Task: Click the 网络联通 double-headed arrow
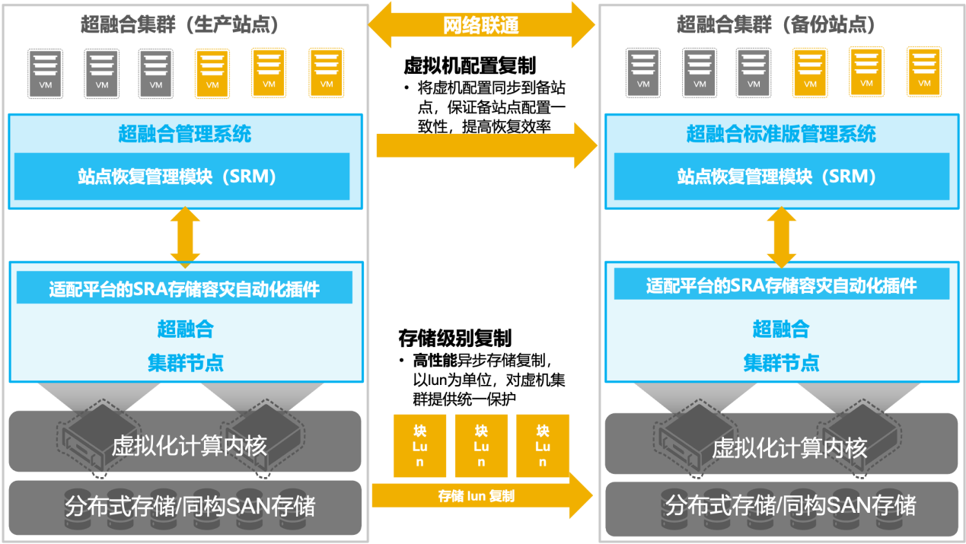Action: coord(481,25)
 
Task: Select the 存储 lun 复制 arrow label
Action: coord(477,496)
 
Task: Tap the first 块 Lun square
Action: coord(420,446)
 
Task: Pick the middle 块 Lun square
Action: coord(481,446)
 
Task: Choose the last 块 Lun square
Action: coord(542,446)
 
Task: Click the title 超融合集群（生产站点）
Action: coord(180,24)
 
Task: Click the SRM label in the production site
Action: coord(177,177)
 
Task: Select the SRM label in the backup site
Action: coord(777,177)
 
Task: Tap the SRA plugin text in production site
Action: coord(184,290)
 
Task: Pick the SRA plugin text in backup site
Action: coord(782,286)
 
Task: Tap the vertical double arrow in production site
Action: coord(185,236)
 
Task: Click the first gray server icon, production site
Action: coord(46,73)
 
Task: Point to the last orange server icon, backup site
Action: coord(924,72)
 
